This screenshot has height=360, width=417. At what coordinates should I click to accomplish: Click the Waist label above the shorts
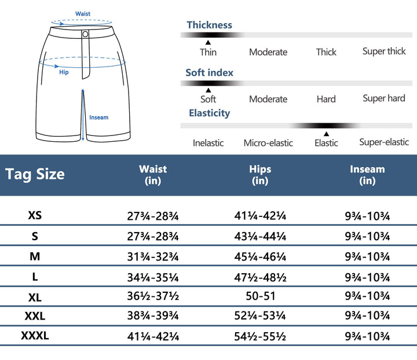click(83, 14)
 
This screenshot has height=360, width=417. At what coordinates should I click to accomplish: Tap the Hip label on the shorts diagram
click(64, 72)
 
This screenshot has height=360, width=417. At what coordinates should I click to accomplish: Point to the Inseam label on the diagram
click(98, 117)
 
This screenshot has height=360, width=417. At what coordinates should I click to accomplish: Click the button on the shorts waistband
click(86, 34)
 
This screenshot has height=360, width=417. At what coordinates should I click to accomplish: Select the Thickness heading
click(209, 25)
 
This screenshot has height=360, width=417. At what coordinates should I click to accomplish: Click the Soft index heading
click(209, 72)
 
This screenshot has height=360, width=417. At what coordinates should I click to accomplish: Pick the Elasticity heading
click(209, 113)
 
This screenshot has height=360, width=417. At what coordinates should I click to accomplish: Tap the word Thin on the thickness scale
click(208, 52)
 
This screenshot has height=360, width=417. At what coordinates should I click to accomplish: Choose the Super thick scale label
click(384, 52)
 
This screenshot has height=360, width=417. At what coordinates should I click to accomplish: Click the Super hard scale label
click(384, 98)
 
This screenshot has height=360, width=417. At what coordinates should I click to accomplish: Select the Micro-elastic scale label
click(268, 143)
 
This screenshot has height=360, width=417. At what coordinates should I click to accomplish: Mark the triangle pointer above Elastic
click(326, 134)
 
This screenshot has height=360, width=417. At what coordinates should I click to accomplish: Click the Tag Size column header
click(35, 174)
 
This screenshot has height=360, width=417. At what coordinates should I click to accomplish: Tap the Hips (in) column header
click(260, 175)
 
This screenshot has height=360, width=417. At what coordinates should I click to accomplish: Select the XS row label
click(35, 216)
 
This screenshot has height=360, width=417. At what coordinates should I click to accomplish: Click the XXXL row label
click(35, 336)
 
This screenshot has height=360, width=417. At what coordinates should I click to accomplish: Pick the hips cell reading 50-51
click(260, 296)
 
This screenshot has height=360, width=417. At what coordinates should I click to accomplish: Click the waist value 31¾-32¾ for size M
click(153, 256)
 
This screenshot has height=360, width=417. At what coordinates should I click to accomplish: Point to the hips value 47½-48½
click(260, 277)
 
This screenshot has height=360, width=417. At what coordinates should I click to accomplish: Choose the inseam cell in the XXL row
click(367, 317)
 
